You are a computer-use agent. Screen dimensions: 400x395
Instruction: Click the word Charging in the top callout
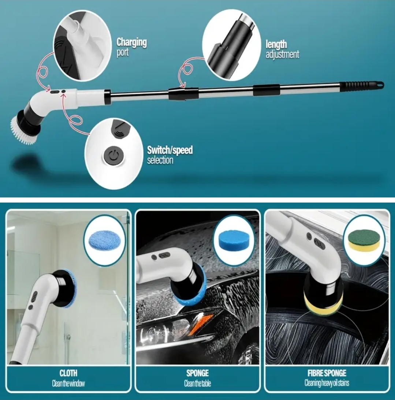coord(132,42)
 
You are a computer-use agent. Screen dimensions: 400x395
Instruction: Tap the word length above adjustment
coord(276,45)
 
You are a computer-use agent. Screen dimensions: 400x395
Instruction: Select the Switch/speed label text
coord(170,150)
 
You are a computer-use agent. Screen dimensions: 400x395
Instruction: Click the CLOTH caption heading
coord(68,373)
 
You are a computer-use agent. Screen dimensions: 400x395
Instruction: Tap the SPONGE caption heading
coord(197,373)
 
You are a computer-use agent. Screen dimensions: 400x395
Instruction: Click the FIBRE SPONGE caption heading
coord(327,373)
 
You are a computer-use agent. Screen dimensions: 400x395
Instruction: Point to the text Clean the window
coord(68,383)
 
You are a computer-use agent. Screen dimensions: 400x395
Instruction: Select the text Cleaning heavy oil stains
coord(327,383)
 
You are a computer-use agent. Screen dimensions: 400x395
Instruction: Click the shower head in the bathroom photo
coord(68,336)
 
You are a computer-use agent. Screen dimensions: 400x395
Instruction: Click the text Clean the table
coord(197,383)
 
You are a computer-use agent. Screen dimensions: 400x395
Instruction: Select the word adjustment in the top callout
coord(282,55)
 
